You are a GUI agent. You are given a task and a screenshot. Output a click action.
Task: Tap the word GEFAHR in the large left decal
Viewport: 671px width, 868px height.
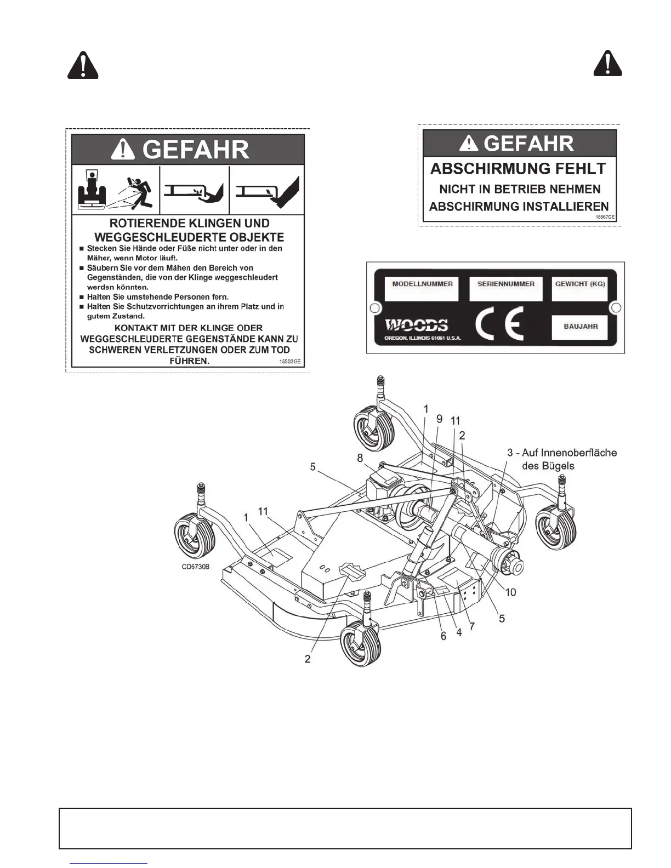(196, 150)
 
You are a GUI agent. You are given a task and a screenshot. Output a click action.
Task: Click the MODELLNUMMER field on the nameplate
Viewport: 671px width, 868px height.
(422, 289)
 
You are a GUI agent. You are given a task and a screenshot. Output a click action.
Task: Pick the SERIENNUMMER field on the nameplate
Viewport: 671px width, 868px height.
(505, 289)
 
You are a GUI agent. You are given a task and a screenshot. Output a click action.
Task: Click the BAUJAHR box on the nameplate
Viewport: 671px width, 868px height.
(581, 327)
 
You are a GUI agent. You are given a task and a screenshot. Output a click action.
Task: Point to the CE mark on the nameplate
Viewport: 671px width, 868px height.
(499, 325)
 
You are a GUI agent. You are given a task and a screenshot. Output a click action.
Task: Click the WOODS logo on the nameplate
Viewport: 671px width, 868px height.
(416, 325)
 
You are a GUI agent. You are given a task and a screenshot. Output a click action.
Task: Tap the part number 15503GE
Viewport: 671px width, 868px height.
(290, 362)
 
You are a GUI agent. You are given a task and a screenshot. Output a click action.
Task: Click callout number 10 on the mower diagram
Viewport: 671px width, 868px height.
(511, 592)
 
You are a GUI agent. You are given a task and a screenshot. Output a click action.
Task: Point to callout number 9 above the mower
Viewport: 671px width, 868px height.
(439, 419)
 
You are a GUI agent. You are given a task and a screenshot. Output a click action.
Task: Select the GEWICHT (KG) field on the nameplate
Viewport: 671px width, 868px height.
(580, 289)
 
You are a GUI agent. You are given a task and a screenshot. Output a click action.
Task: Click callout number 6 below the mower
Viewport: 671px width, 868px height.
(444, 636)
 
